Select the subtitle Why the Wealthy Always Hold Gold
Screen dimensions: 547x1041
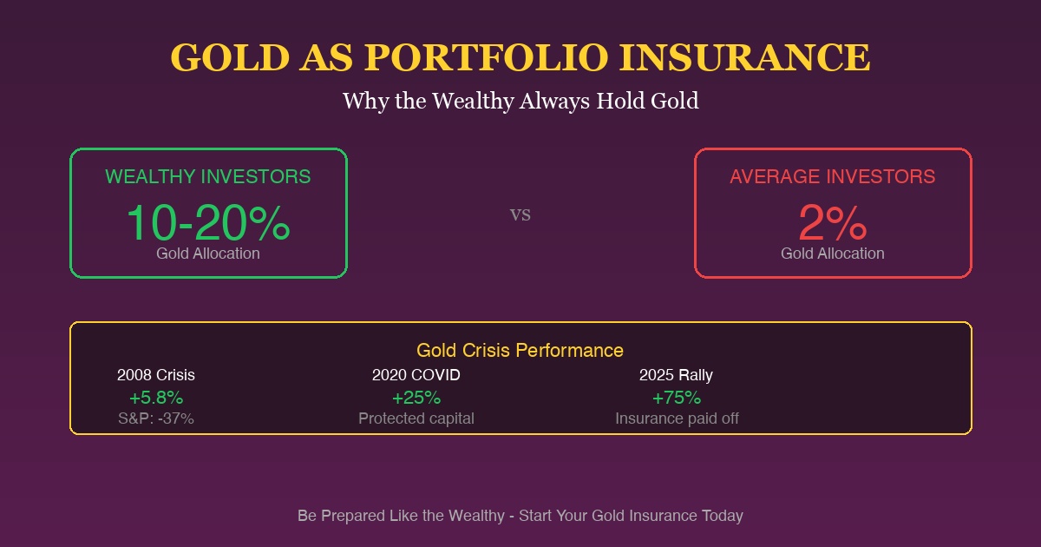click(x=520, y=101)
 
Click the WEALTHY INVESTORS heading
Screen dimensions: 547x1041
click(x=208, y=176)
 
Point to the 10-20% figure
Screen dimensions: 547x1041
click(x=208, y=223)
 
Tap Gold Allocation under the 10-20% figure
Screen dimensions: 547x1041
click(x=208, y=254)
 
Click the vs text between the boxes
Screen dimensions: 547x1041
click(x=520, y=214)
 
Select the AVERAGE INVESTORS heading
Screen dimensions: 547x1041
click(x=833, y=176)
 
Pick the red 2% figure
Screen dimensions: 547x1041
click(x=833, y=223)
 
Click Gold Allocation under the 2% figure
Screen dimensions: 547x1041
click(x=833, y=254)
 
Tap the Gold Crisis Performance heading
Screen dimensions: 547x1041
click(x=520, y=350)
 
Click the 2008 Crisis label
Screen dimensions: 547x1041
click(x=156, y=375)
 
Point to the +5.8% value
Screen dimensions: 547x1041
click(x=156, y=398)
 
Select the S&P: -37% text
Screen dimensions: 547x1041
click(x=156, y=418)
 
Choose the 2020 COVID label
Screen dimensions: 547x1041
click(x=416, y=375)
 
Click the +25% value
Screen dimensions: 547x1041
click(x=416, y=398)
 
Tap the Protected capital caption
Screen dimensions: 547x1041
click(x=416, y=418)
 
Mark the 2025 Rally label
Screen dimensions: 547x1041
click(x=677, y=375)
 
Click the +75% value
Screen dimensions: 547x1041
click(x=677, y=398)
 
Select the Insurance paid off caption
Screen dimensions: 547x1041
click(x=677, y=418)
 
